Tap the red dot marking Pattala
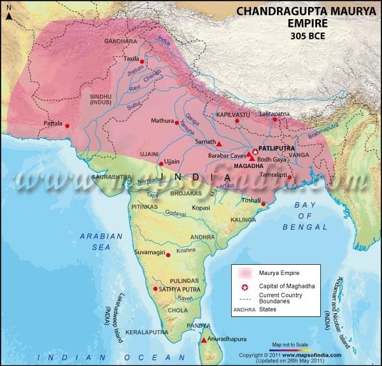(68, 125)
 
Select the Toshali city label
(253, 200)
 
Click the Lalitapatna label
(275, 113)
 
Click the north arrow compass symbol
(7, 13)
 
